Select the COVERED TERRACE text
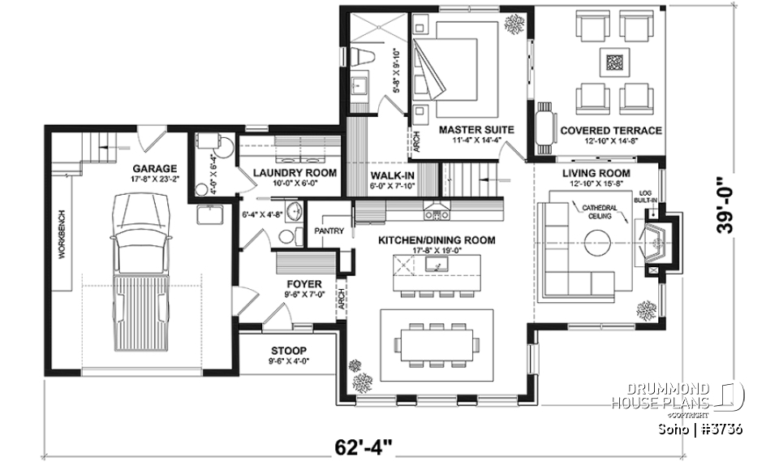[610, 130]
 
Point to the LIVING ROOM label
[596, 173]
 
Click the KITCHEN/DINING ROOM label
[437, 240]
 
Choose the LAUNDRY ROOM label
[282, 173]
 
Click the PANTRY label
[330, 231]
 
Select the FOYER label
[303, 284]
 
